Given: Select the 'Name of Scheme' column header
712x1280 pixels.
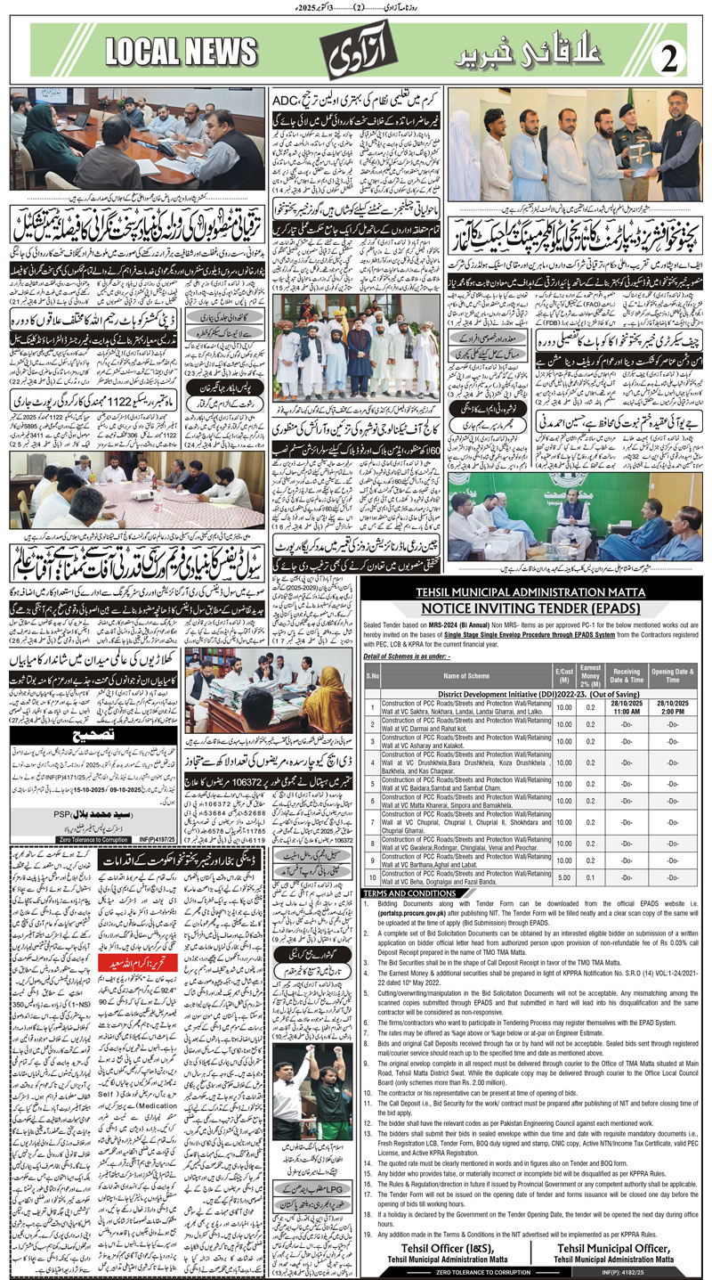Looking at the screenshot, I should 467,676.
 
